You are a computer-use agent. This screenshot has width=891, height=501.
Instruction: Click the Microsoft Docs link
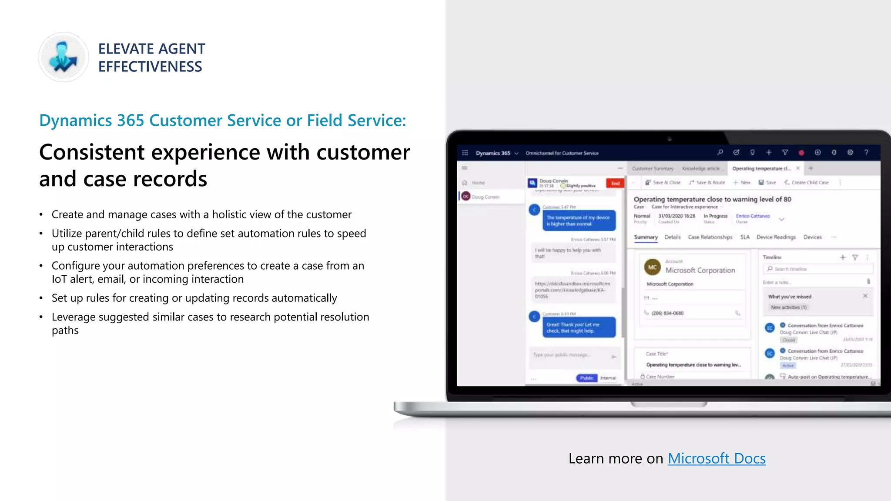tap(717, 458)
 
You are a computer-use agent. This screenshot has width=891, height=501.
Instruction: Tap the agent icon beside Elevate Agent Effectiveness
tap(64, 57)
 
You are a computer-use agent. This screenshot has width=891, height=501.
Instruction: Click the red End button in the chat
tap(615, 184)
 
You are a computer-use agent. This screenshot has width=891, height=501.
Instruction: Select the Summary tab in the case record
tap(646, 237)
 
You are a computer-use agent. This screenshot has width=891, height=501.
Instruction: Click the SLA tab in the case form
tap(745, 237)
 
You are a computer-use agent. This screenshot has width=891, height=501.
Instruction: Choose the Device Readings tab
tap(776, 237)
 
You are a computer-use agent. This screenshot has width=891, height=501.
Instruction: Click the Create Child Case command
tap(807, 183)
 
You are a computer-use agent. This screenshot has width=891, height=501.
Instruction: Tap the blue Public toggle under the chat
tap(586, 378)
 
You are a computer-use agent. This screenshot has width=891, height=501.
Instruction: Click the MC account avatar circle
tap(652, 267)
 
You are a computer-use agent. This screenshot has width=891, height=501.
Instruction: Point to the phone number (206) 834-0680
tap(667, 313)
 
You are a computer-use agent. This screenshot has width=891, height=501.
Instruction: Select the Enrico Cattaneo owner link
tap(753, 216)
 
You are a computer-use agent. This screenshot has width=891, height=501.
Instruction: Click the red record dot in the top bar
tap(801, 153)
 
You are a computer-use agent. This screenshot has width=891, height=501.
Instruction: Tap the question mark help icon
tap(866, 153)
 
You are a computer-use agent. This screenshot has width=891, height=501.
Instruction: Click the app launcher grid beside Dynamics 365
tap(465, 153)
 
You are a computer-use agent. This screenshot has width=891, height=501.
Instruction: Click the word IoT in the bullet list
tap(59, 279)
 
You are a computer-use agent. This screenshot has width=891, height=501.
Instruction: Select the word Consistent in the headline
tap(92, 152)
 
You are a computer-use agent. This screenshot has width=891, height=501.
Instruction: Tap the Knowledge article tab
tap(701, 169)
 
